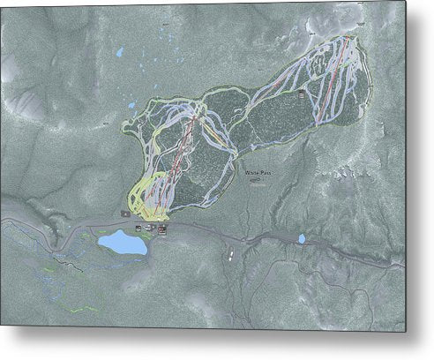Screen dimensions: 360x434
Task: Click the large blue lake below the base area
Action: pos(123,242)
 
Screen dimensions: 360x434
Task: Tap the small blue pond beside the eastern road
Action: pos(302,238)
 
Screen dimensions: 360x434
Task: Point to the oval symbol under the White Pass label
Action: pos(255,182)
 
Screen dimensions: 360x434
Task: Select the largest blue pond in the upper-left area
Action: pos(120,52)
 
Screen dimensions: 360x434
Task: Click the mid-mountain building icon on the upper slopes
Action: pos(303,92)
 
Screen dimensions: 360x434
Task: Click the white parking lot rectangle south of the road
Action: pos(231,255)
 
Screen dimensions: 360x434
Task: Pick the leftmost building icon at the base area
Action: pos(138,228)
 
